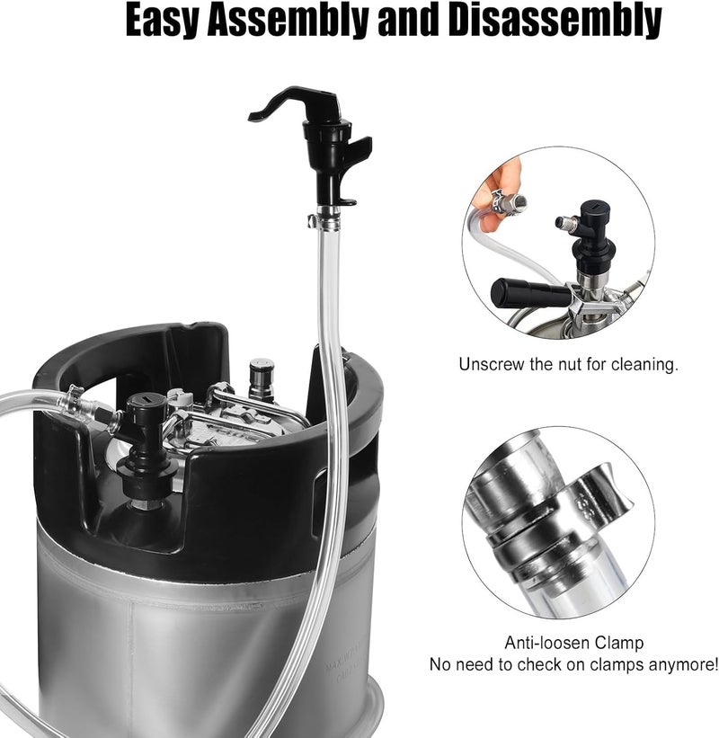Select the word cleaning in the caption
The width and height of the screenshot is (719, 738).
click(x=646, y=365)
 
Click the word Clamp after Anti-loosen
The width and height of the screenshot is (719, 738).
click(x=619, y=644)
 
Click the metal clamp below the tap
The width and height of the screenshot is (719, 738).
click(x=323, y=218)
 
